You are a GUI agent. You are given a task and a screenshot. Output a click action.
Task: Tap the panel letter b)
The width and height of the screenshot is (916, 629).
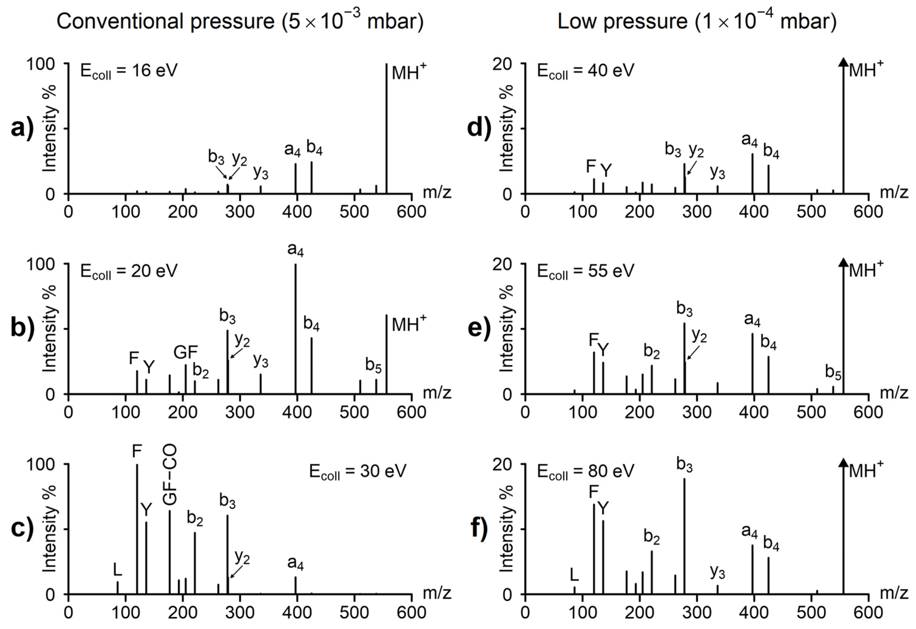point(22,328)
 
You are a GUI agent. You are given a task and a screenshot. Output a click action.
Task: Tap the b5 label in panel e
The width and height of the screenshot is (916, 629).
point(833,372)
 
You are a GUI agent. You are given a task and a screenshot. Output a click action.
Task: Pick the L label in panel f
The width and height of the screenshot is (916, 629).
point(574,576)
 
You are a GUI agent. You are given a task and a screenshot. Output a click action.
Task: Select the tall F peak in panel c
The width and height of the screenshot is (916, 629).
point(137,528)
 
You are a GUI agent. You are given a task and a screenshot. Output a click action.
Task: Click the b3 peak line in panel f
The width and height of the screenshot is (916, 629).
point(684,536)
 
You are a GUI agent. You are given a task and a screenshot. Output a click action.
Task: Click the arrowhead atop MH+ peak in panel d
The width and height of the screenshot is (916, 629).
point(843,62)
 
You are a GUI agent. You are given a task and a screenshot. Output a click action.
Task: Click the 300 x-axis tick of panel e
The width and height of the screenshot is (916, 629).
point(697,412)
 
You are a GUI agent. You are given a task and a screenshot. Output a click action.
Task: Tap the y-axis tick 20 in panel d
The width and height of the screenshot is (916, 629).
point(502,64)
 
